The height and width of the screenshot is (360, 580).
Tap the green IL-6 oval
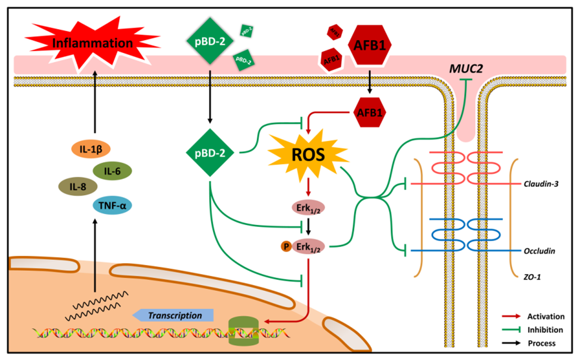click(112, 170)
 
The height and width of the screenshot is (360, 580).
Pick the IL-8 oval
click(77, 186)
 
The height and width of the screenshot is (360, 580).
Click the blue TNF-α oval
click(112, 203)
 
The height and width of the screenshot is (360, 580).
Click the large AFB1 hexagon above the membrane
click(371, 45)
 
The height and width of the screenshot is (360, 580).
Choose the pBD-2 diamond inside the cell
click(210, 152)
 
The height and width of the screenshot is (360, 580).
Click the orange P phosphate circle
click(286, 246)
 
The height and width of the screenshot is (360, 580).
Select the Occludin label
click(539, 251)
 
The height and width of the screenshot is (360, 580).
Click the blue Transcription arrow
click(173, 316)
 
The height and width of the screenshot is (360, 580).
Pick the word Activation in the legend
click(546, 317)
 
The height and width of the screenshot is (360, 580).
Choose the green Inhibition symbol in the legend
click(512, 330)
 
